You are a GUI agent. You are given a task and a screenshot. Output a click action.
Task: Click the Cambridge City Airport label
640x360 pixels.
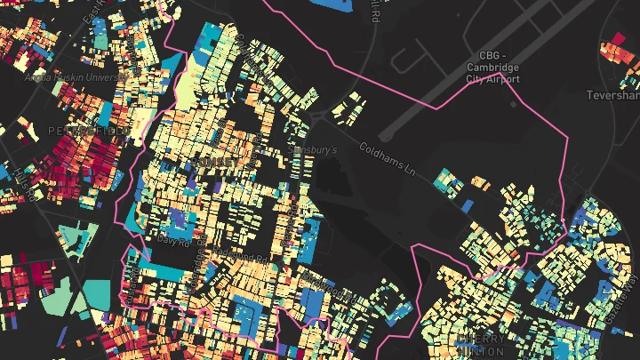pos(492,67)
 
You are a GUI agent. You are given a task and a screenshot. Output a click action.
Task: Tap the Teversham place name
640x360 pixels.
pos(612,94)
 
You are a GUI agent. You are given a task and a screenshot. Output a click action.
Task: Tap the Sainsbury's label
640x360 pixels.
pos(313,150)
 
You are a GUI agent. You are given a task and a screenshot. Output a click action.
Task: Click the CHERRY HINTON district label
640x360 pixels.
pos(481,345)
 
